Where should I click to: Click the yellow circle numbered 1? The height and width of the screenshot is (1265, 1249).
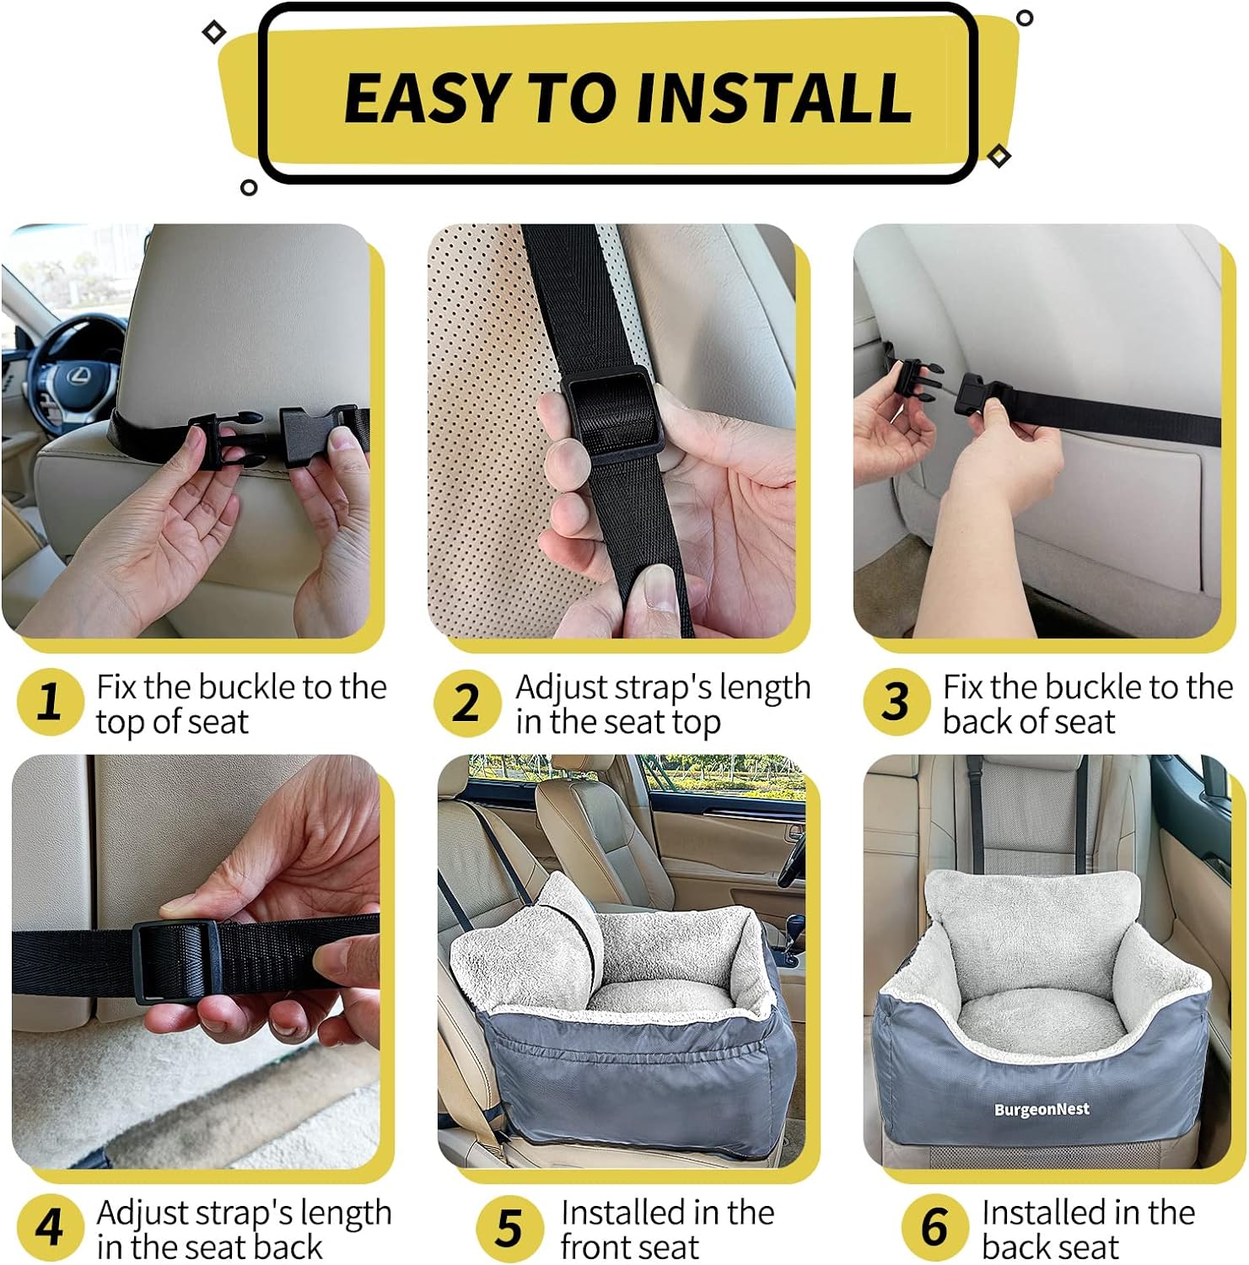click(x=50, y=702)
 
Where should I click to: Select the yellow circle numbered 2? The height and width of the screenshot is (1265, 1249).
click(x=467, y=702)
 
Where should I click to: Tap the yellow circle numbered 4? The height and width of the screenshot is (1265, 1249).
click(x=50, y=1227)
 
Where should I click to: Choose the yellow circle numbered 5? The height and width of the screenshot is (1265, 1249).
click(x=509, y=1227)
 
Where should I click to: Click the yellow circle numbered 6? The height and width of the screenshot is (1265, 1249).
click(x=934, y=1227)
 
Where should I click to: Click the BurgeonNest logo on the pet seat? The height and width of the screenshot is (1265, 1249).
click(x=1042, y=1109)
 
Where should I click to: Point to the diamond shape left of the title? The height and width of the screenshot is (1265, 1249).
click(x=214, y=32)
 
